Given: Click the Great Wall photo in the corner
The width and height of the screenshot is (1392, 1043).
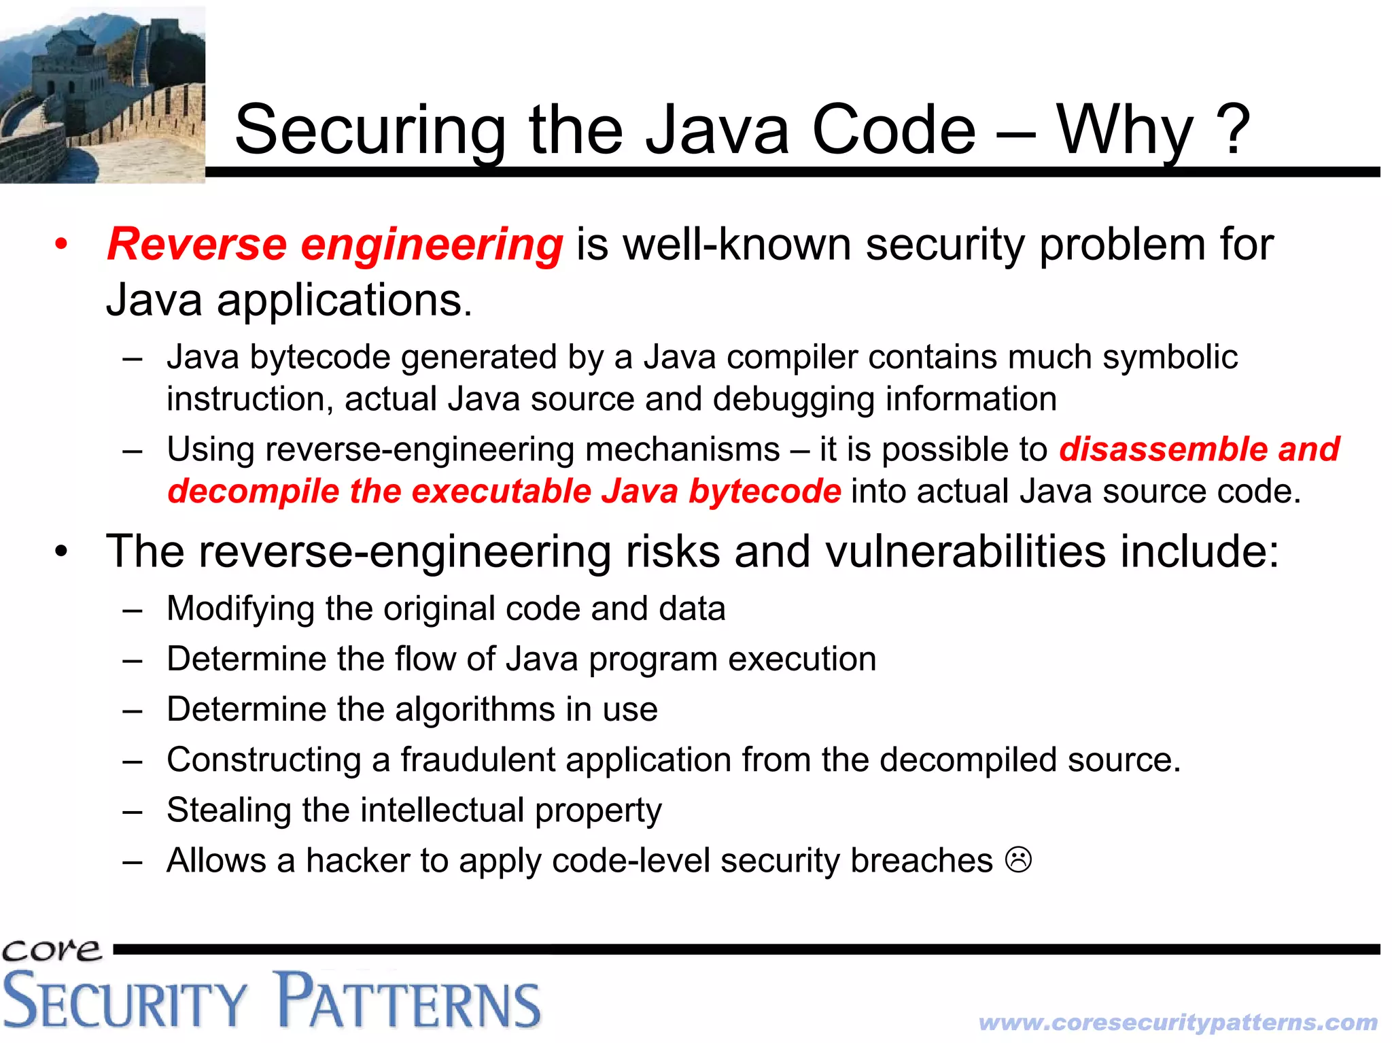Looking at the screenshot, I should (102, 95).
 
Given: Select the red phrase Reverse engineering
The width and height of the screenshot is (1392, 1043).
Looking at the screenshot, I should (335, 244).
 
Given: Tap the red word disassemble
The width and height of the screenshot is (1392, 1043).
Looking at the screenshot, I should (1161, 449).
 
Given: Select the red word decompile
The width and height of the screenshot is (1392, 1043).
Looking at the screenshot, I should (253, 492).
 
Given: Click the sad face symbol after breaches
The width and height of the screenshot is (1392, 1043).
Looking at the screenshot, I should (1018, 860).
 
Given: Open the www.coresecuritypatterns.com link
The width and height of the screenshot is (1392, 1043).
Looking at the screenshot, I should (1178, 1022).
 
